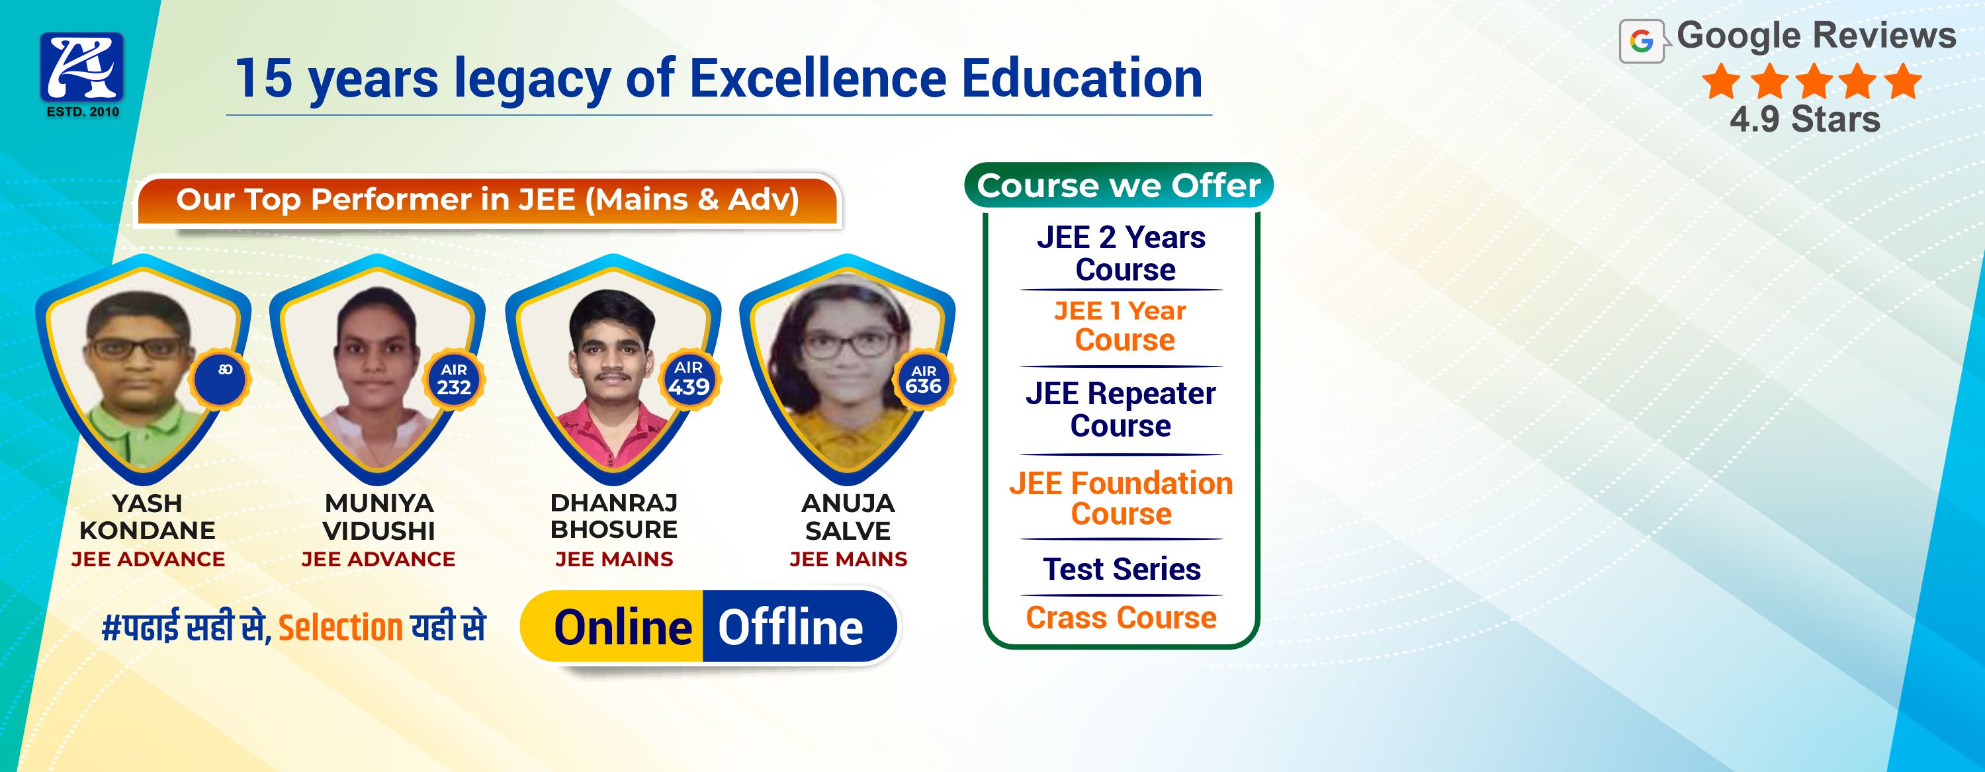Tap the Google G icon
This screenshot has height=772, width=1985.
point(1642,42)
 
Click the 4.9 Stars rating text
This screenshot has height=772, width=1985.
point(1804,120)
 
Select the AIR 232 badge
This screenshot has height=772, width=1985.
point(454,380)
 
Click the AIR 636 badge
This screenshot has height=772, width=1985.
point(923,380)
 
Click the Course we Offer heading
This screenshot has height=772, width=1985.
point(1119,186)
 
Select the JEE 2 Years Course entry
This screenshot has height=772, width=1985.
point(1121,253)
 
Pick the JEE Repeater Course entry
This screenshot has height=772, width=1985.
point(1121,409)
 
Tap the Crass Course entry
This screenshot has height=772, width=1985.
point(1121,618)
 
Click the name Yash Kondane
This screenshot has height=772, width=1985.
point(147,517)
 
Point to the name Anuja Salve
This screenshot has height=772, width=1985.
point(848,517)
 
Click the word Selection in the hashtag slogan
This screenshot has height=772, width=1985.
point(341,628)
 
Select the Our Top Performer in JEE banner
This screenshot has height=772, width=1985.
point(487,200)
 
